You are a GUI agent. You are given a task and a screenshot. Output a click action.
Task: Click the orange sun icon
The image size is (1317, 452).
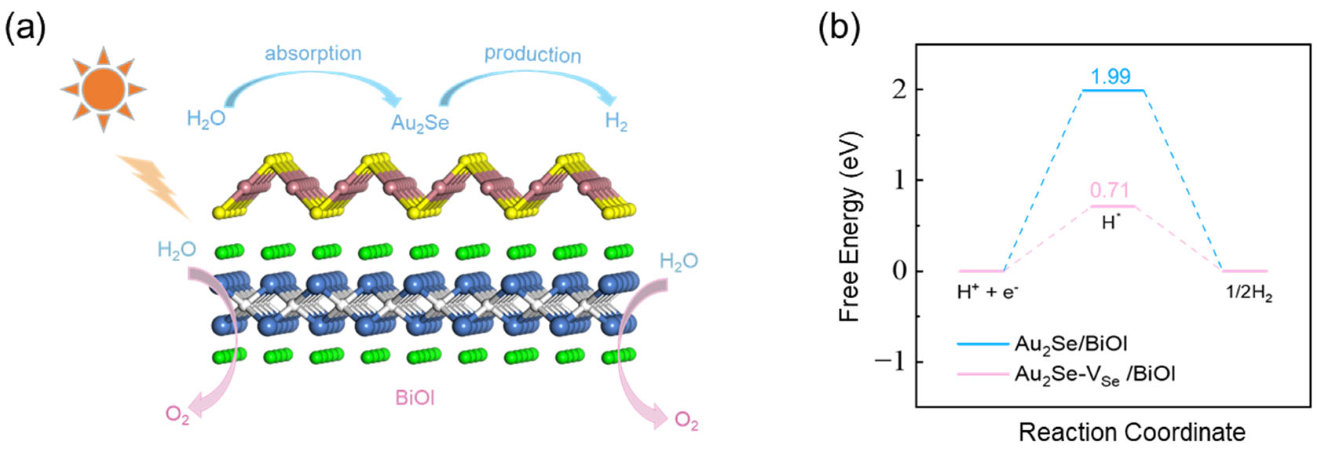(x=104, y=90)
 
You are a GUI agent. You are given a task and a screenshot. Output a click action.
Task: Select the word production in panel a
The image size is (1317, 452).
(x=533, y=55)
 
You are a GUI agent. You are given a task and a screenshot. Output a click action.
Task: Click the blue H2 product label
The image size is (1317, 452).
(x=615, y=122)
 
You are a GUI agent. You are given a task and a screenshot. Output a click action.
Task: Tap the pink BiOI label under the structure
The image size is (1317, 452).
(x=415, y=398)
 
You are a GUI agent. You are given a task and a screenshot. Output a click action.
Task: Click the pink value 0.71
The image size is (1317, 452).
(x=1109, y=191)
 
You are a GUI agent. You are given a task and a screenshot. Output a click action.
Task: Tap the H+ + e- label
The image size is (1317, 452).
(x=987, y=292)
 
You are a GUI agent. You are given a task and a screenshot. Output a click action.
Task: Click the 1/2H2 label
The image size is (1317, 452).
(x=1249, y=294)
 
